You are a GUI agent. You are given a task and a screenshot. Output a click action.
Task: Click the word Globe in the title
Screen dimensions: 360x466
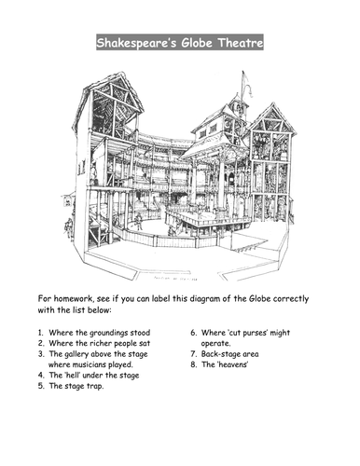(197, 42)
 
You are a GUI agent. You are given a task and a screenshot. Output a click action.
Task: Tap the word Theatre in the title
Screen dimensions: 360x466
(241, 42)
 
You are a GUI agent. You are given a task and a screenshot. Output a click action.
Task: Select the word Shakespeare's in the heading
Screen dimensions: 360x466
(136, 43)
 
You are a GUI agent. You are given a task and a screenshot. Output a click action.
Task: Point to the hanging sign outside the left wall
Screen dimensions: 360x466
(67, 203)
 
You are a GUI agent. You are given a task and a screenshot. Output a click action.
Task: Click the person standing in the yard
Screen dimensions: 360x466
(139, 222)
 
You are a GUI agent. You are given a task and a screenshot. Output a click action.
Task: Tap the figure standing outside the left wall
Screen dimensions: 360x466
(68, 228)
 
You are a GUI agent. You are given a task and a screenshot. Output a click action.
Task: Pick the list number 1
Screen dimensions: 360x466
(41, 333)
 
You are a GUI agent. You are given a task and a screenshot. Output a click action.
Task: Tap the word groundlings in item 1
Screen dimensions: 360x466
(108, 333)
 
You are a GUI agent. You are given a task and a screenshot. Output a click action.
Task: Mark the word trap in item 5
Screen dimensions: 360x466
(94, 386)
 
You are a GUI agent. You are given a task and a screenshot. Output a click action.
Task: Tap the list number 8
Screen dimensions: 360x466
(193, 364)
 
